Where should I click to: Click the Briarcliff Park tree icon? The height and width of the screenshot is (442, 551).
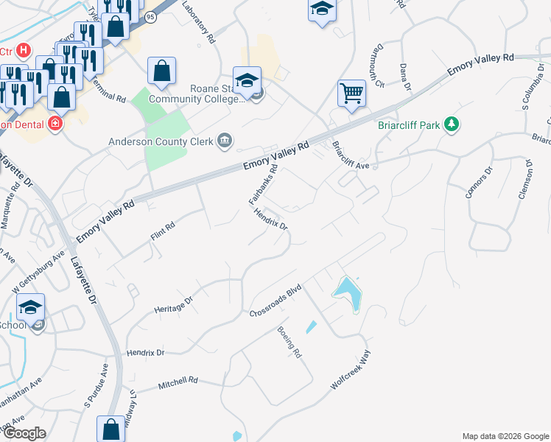tap(452, 125)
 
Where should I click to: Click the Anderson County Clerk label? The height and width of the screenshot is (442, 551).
tap(160, 141)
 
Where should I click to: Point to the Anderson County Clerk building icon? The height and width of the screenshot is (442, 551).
tap(225, 141)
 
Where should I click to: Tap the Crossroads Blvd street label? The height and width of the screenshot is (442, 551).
tap(277, 299)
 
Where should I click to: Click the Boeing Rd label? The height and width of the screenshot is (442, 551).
tap(289, 343)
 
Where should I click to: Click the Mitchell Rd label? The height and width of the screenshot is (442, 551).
tap(179, 383)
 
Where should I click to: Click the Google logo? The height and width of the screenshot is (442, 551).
tap(24, 433)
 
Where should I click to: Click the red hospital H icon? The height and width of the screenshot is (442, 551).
tap(24, 50)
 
